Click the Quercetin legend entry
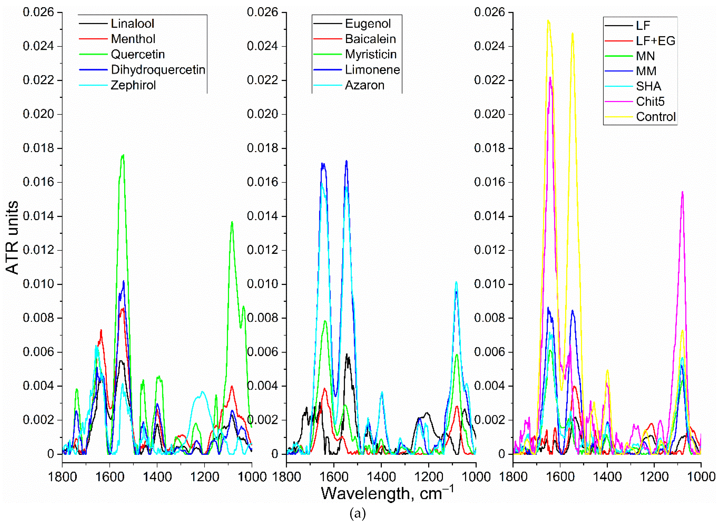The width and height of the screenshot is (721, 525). [x=138, y=54]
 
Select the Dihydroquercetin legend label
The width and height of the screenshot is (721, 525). [x=158, y=70]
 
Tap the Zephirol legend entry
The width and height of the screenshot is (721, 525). [x=133, y=85]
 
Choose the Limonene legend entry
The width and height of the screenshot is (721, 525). [x=372, y=70]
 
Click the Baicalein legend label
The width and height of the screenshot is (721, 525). [x=370, y=39]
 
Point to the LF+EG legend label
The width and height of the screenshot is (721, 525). [x=655, y=41]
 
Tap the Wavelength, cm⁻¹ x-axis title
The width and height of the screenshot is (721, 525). [x=387, y=493]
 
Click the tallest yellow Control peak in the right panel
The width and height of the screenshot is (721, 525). [x=548, y=21]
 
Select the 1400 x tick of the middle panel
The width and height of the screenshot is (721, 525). [x=381, y=477]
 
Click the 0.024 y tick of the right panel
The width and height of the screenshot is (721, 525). [x=489, y=46]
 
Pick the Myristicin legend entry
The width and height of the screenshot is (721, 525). [x=371, y=54]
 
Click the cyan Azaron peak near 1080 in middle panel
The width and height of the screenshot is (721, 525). [x=456, y=282]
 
